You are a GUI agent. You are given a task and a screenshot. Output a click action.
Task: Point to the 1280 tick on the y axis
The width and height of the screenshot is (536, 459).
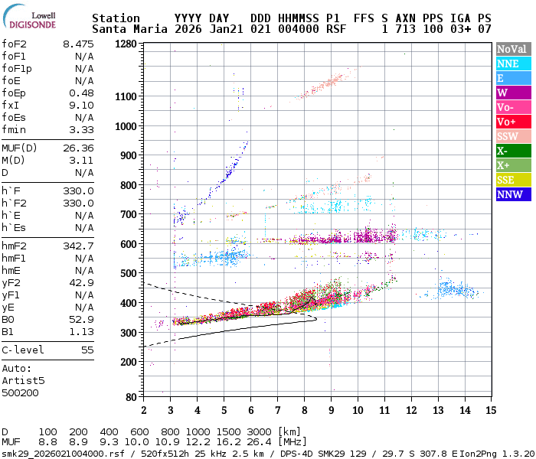click(x=126, y=44)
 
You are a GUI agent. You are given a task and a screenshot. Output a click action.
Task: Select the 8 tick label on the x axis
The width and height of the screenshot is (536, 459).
click(x=304, y=410)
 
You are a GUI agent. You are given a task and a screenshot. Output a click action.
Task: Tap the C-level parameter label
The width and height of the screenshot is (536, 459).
click(x=23, y=350)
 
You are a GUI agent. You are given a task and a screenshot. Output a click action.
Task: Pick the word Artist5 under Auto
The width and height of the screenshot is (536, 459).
click(x=23, y=379)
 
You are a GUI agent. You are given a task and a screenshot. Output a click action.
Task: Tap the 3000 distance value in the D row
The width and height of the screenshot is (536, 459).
click(x=260, y=432)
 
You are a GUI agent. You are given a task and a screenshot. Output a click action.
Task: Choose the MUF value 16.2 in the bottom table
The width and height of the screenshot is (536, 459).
click(x=231, y=442)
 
